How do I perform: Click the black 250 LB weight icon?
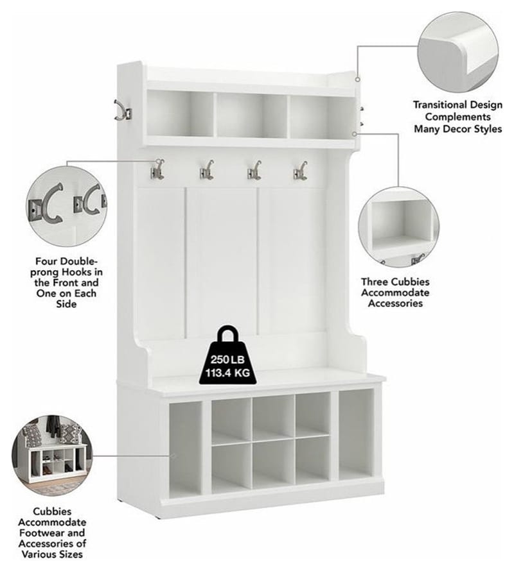(227, 355)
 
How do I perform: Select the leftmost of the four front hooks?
(157, 169)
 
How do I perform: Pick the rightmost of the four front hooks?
(300, 170)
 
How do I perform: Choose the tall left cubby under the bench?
(185, 449)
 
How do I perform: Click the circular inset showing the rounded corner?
(458, 52)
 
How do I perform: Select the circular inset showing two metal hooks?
(67, 206)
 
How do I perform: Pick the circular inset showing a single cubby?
(399, 226)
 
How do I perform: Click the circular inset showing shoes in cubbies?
(52, 456)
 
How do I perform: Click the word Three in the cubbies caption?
(377, 282)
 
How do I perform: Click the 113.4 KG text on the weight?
(227, 373)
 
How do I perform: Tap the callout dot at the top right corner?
(357, 80)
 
